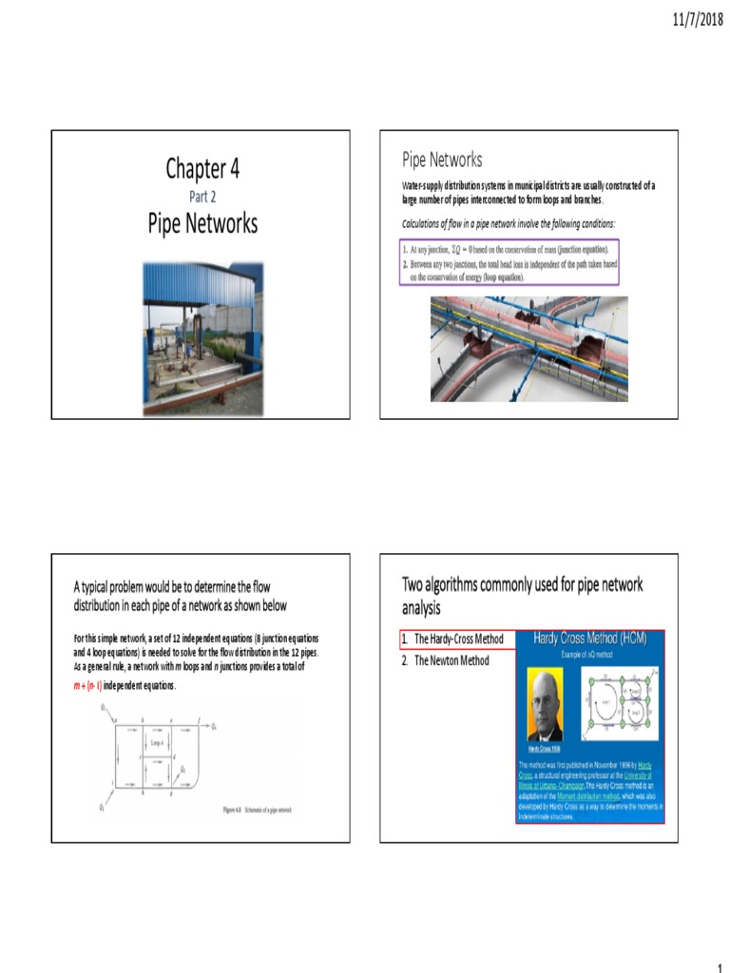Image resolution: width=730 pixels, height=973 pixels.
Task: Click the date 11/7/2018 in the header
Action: (699, 19)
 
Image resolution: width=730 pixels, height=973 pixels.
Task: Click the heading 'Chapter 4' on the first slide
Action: (202, 169)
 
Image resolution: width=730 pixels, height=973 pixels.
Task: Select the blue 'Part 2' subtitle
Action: (202, 198)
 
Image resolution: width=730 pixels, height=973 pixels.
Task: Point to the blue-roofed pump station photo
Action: (202, 338)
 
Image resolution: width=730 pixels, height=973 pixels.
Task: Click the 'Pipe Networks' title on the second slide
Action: (442, 160)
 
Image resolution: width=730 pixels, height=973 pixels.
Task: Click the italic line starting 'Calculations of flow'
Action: (508, 223)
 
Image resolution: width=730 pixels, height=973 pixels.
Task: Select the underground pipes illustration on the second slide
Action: (528, 348)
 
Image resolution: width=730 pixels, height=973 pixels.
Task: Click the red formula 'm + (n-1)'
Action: (87, 685)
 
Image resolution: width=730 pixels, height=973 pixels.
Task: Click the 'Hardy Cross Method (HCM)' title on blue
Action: (589, 639)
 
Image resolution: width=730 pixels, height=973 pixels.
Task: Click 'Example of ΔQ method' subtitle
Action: (589, 656)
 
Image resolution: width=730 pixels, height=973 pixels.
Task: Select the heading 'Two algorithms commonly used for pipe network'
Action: (523, 584)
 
